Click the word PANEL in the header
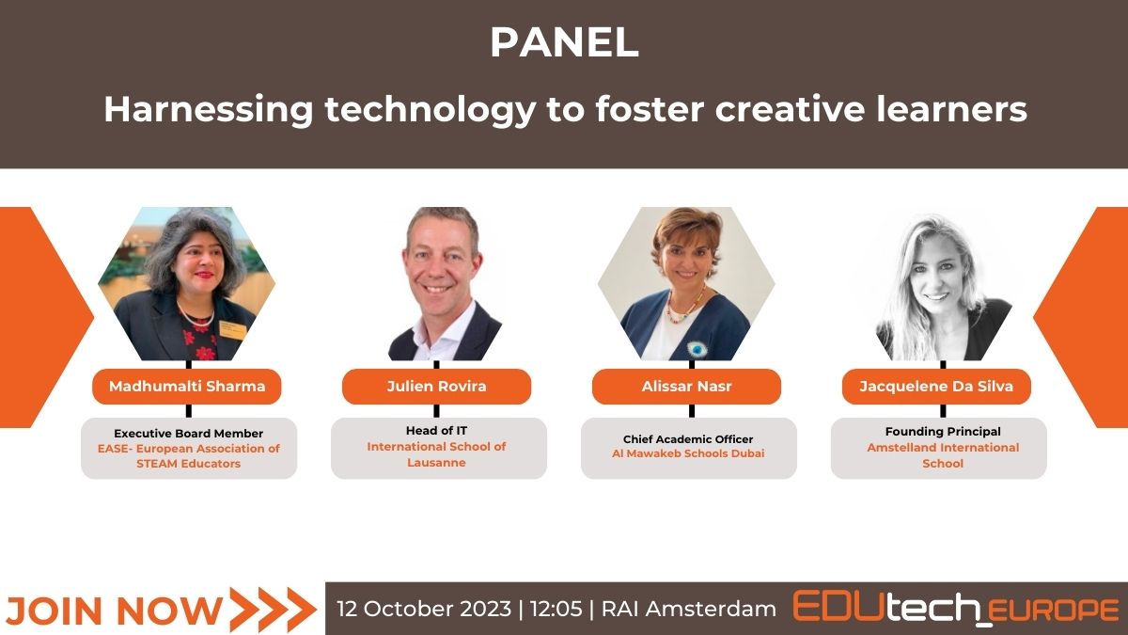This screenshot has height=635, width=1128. (565, 42)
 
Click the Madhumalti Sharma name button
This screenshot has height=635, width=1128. (187, 387)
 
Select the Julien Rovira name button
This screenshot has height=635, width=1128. (436, 387)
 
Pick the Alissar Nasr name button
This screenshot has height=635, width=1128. (686, 387)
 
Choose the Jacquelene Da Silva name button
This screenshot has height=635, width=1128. (936, 387)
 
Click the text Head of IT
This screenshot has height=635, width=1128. (436, 431)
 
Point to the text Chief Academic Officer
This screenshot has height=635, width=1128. (688, 439)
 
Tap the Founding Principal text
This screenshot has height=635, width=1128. (943, 432)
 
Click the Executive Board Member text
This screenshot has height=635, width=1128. (188, 434)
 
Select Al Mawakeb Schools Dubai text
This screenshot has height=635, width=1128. (688, 453)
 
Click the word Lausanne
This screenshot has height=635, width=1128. (436, 463)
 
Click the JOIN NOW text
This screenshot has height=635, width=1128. (115, 611)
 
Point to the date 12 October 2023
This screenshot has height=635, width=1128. (424, 610)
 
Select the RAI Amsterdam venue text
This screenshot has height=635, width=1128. (689, 610)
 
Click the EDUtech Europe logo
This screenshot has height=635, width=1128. (956, 608)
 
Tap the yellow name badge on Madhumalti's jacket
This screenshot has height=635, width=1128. (233, 330)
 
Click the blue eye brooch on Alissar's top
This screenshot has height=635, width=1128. (697, 349)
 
